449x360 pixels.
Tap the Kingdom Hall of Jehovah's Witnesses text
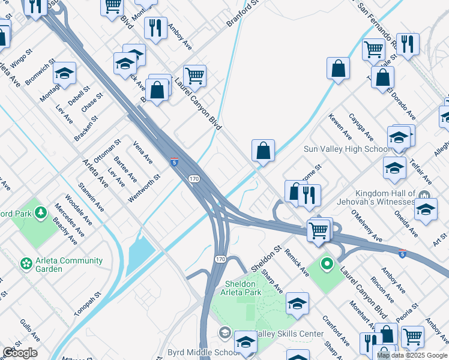(385, 197)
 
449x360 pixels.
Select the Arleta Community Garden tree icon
(26, 263)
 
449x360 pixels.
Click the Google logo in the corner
(20, 353)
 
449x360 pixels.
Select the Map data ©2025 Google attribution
(412, 355)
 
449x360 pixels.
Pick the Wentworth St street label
(144, 188)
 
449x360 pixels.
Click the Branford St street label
(241, 13)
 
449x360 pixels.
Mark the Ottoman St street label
(107, 153)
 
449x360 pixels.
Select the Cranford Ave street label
(336, 331)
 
